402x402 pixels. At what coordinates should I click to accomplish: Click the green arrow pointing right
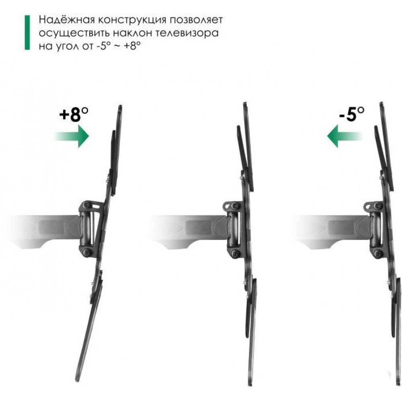pos(72,136)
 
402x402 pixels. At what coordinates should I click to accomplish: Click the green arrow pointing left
pos(345,136)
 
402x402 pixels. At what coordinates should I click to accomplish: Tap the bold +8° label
pos(74,114)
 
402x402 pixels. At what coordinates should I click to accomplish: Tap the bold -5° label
pos(351,114)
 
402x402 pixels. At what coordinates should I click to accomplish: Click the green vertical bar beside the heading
pos(27,33)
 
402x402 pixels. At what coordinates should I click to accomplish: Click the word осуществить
pos(74,34)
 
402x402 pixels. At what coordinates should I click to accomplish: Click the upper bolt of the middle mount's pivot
pos(234,206)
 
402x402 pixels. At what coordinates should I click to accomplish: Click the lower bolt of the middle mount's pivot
pos(234,253)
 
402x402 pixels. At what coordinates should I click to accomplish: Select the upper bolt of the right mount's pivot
pos(377,206)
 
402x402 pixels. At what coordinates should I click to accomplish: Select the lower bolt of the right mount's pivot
pos(377,253)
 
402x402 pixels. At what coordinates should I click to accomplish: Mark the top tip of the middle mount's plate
pos(245,103)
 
